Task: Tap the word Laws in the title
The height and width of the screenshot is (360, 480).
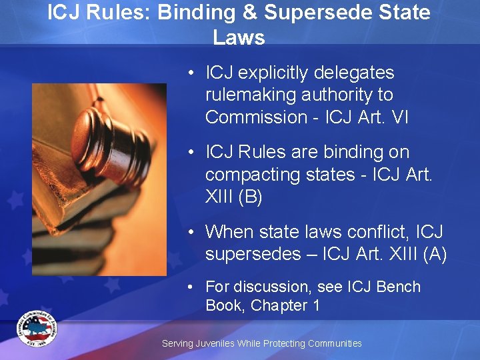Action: point(239,37)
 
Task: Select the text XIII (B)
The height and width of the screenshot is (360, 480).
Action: point(233,196)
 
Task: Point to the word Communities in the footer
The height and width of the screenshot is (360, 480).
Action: point(331,343)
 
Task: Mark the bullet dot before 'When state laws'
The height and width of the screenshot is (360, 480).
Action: point(191,232)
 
